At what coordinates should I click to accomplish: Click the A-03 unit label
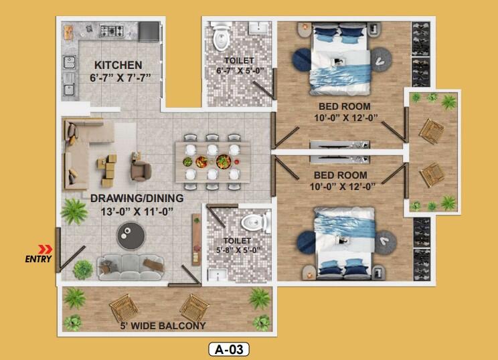pos(229,349)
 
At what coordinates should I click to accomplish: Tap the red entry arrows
pos(45,250)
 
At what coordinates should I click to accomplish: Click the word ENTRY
pos(38,259)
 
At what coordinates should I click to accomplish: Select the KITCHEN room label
pos(118,65)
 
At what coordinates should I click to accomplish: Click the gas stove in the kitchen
pos(112,31)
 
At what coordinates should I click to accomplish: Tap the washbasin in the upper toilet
pos(259,27)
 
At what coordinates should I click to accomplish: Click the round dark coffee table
pos(131,236)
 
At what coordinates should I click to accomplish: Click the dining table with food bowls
pos(212,162)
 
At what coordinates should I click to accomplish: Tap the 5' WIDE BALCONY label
pos(163,326)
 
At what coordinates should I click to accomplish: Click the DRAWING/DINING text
pos(137,198)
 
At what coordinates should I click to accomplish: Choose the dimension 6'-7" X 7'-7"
pos(120,78)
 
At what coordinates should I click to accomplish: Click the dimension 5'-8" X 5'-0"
pos(238,250)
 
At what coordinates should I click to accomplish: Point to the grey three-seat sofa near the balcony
pos(131,267)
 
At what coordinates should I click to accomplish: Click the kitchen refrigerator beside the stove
pos(149,31)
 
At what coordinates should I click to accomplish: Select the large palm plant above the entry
pos(74,211)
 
